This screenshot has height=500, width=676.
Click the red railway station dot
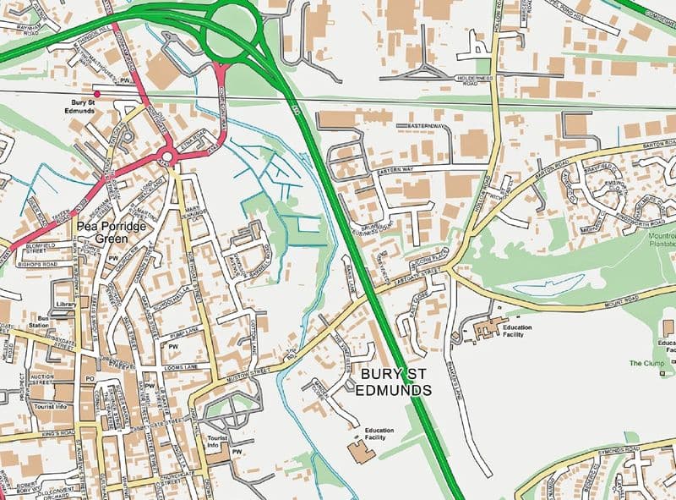point(96,94)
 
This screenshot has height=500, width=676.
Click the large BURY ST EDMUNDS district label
point(395,381)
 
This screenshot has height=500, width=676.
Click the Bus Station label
point(37,322)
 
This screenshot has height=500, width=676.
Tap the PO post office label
point(90,380)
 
